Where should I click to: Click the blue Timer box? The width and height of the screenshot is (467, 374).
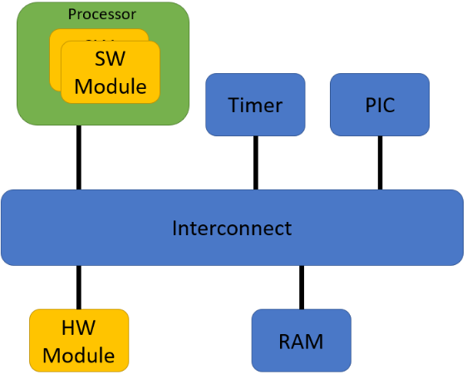[x=255, y=105]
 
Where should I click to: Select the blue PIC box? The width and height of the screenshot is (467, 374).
[x=380, y=105]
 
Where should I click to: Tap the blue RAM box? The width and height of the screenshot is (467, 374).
[x=301, y=340]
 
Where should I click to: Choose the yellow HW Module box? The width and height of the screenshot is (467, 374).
[x=79, y=340]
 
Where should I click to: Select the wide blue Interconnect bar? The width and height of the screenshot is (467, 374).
[x=374, y=228]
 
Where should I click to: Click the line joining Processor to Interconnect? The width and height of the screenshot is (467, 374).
[x=79, y=158]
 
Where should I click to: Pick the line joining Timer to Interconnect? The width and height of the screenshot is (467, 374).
[x=255, y=163]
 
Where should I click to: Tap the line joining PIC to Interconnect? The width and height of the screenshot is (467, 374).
[x=380, y=163]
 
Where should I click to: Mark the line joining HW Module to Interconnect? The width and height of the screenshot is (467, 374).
[x=79, y=288]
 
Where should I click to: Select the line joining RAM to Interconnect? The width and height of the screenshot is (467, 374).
[x=301, y=288]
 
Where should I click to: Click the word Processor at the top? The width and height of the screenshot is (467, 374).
[x=102, y=14]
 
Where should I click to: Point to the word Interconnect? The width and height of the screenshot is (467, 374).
[x=232, y=228]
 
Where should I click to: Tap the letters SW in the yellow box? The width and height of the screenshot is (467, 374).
[x=110, y=60]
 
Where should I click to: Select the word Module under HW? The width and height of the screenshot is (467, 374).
[x=79, y=356]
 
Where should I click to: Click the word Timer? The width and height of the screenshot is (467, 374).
[x=255, y=106]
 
